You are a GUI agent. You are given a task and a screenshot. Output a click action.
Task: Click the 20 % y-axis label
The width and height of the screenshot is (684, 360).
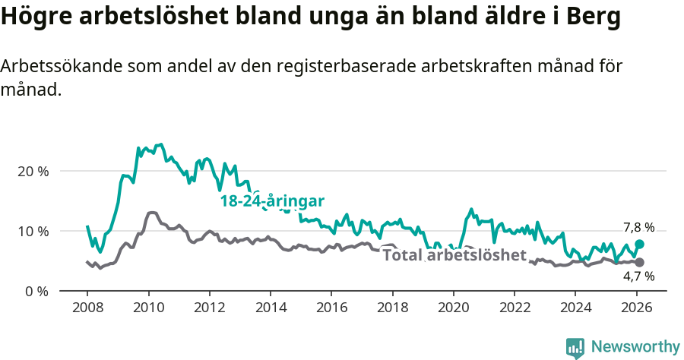[x=33, y=171]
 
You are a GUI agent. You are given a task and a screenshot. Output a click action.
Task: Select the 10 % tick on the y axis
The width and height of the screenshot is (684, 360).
[x=33, y=231]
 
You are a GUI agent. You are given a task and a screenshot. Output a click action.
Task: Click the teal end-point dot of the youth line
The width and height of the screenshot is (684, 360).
[x=639, y=244]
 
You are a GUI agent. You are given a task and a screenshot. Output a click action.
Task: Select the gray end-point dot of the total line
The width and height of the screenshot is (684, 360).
[x=639, y=262]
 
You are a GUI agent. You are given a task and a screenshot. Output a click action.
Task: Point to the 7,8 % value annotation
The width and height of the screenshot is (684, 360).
[x=638, y=227]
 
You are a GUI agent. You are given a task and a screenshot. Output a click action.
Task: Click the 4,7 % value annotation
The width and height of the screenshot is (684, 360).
[x=638, y=276]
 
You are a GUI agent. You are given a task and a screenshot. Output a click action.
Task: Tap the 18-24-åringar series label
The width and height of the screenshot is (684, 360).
[x=272, y=201]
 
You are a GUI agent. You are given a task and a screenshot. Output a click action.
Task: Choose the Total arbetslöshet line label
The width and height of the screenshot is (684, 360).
[x=454, y=254]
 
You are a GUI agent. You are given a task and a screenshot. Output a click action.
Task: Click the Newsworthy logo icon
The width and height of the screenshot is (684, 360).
[x=575, y=348]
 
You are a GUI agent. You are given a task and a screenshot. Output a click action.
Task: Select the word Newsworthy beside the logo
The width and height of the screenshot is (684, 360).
[x=635, y=347]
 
